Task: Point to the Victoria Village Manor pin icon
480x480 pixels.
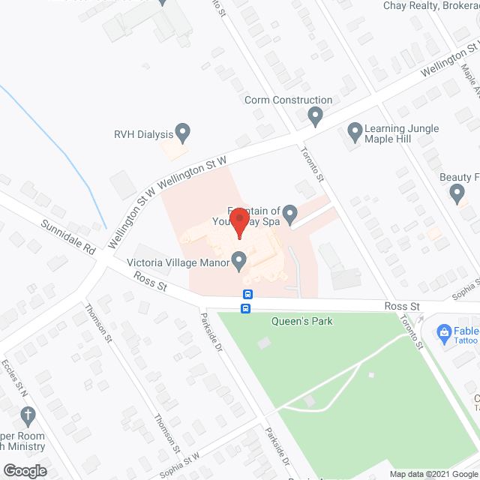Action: (239, 262)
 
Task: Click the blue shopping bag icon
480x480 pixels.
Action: (443, 331)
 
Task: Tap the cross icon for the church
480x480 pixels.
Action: (28, 415)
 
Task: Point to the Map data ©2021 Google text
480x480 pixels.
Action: (433, 473)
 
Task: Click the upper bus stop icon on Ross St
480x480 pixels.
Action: (248, 294)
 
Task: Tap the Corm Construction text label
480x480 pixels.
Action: (288, 100)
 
